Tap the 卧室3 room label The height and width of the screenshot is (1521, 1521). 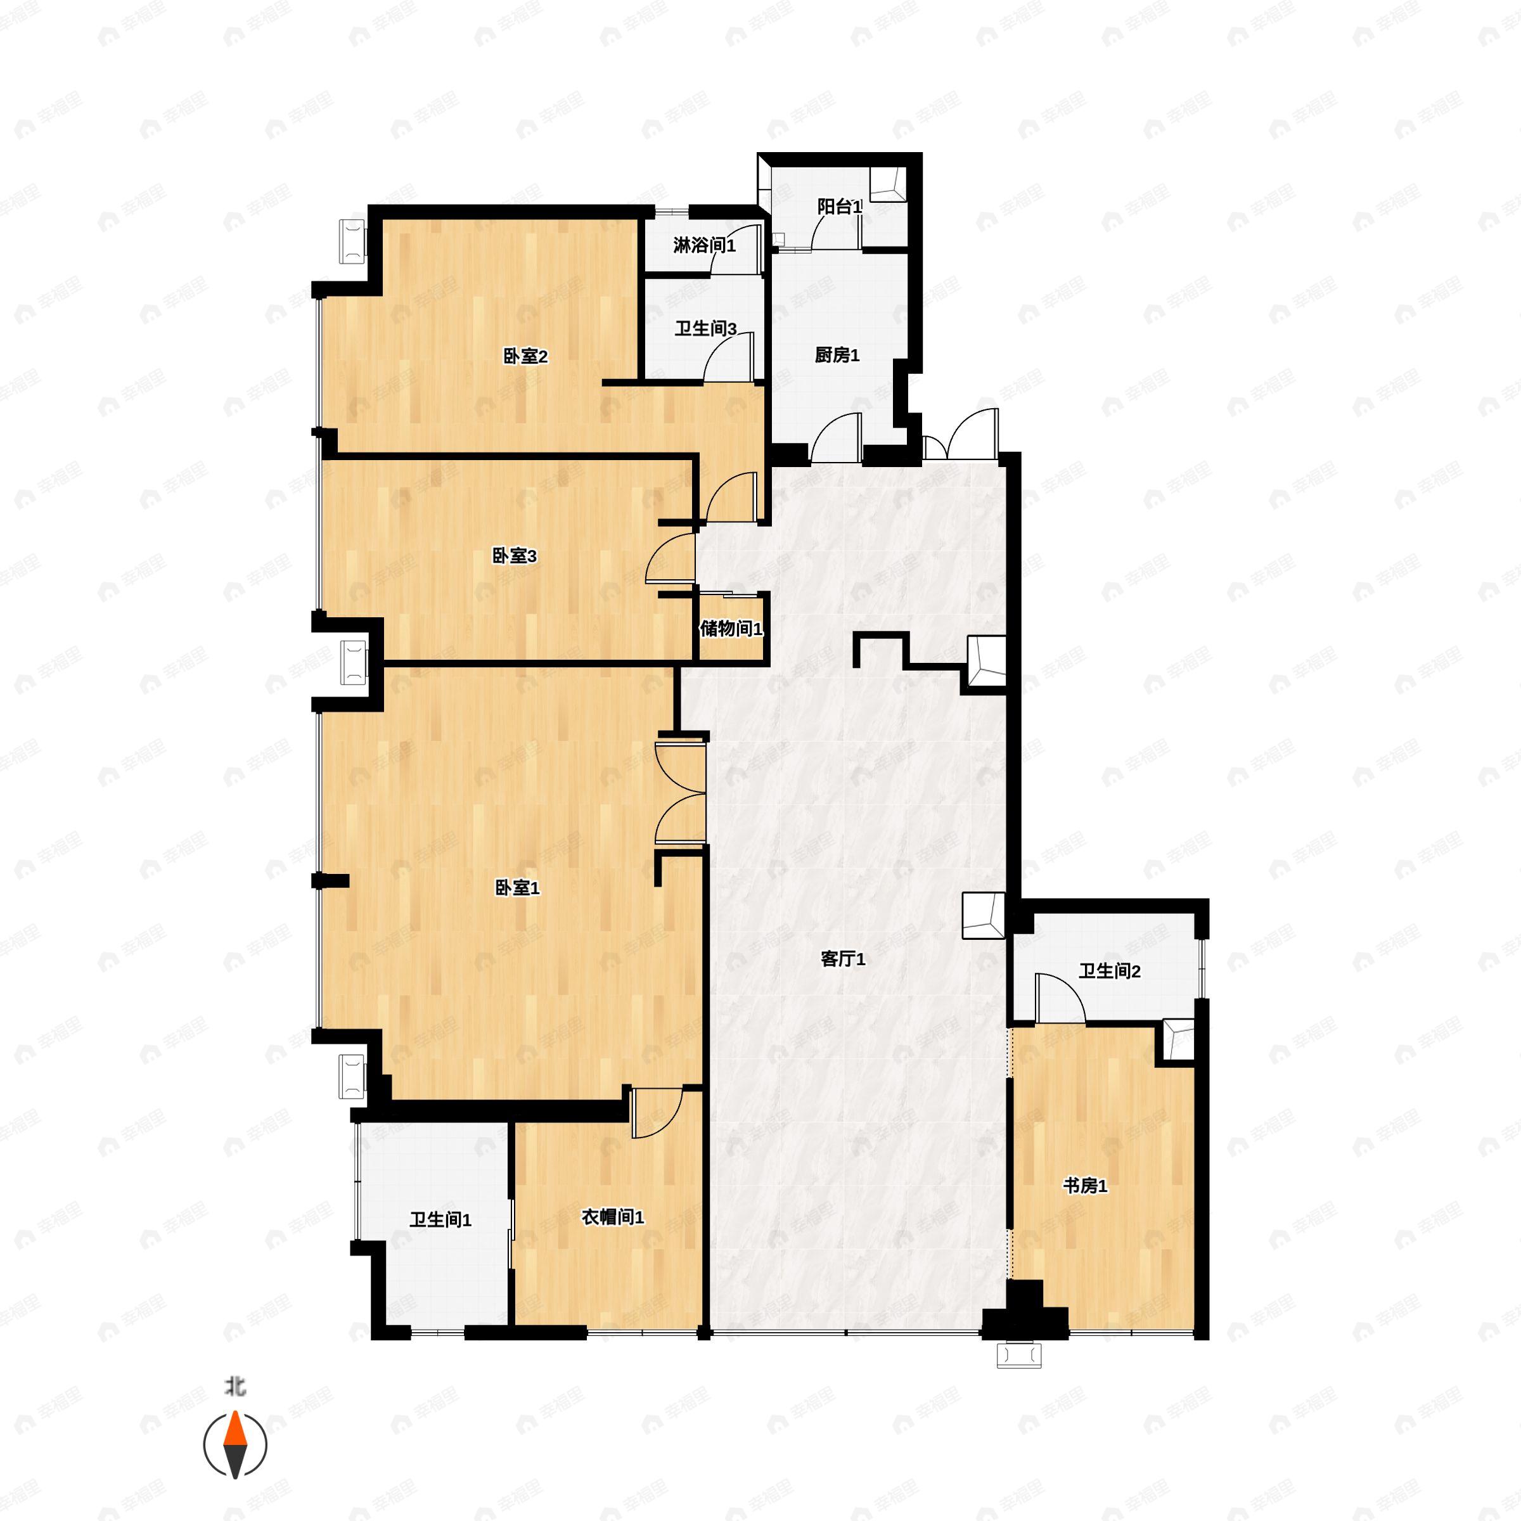514,556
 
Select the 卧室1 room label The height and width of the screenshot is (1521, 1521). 517,888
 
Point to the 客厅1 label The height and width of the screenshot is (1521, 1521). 843,959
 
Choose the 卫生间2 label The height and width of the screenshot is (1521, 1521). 1109,972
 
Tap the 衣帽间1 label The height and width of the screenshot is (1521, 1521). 612,1217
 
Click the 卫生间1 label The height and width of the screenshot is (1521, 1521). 440,1220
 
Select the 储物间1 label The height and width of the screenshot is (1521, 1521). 731,629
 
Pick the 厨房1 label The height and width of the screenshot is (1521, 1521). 837,355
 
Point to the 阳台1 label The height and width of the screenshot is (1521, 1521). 839,207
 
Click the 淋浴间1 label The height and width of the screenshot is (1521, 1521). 705,246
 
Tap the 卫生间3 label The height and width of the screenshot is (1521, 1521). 705,328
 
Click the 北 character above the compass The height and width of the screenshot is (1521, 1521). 234,1385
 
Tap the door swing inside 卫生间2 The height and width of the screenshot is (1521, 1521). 1060,999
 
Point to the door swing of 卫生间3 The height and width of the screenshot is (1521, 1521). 729,357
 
